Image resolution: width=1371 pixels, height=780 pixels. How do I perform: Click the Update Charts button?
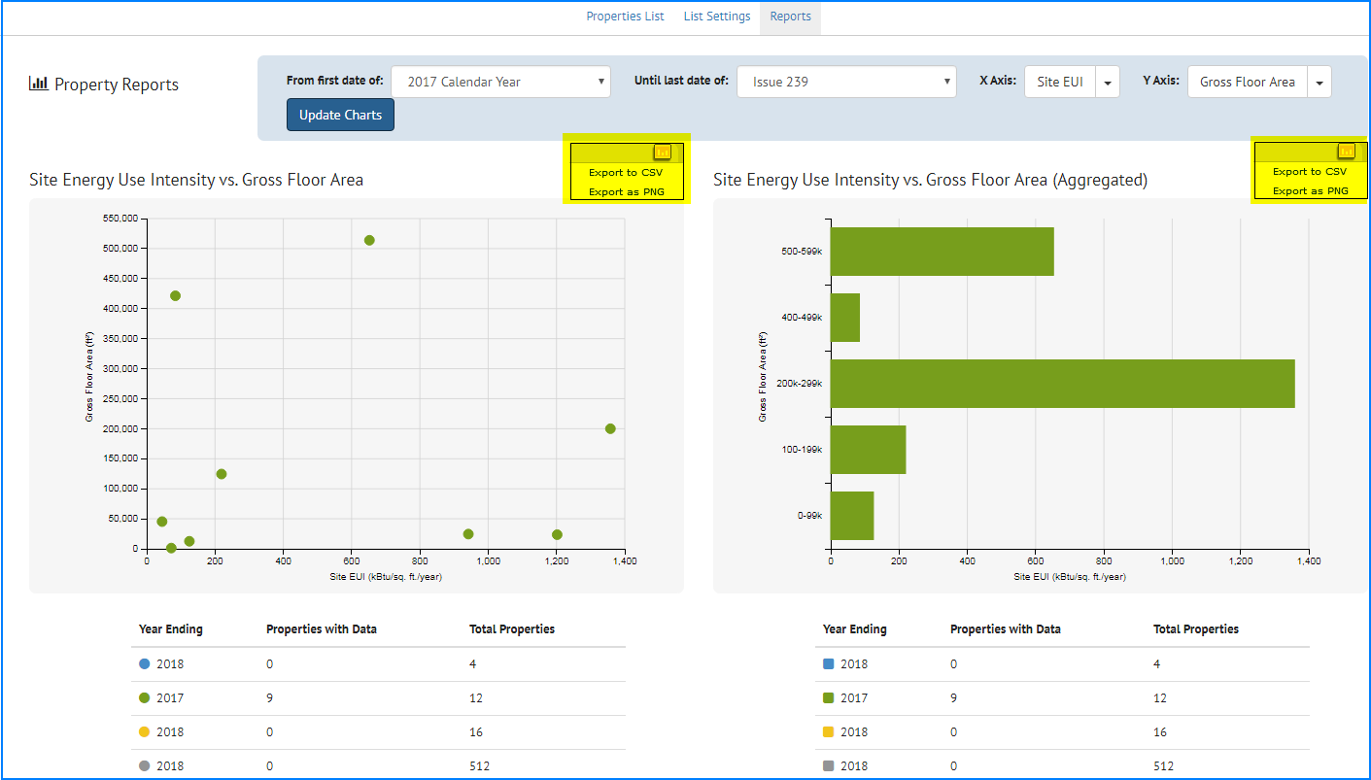pos(340,115)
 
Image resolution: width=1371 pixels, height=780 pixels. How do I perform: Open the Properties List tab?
pos(625,17)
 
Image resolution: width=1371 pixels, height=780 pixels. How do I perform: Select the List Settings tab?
pos(716,17)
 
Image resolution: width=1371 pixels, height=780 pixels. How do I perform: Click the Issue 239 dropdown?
pos(846,83)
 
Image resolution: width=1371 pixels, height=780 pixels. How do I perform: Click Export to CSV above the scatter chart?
pos(626,173)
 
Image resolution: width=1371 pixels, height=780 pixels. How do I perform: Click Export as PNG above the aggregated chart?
pos(1310,191)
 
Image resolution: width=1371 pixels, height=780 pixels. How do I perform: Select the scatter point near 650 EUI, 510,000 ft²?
pos(369,240)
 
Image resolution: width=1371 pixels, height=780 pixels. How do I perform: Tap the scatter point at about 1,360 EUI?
pos(610,428)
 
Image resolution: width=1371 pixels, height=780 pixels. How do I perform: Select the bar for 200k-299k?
pos(1062,384)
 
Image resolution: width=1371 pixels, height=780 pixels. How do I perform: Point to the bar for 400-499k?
pos(845,318)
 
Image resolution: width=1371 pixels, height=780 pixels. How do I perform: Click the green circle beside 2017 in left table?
pos(145,698)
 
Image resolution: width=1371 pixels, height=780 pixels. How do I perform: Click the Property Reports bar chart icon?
pos(39,85)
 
